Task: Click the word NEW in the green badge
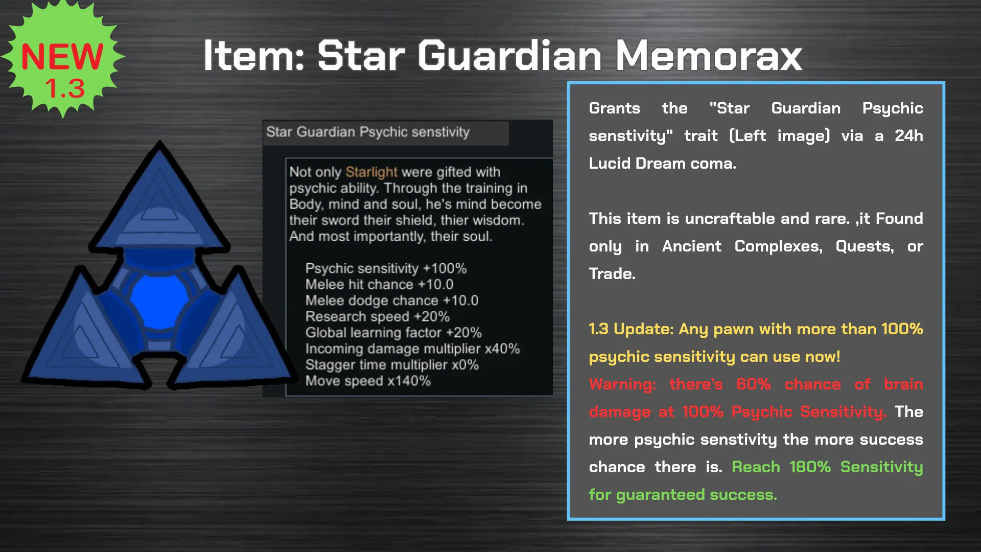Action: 62,57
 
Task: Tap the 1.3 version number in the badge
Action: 65,88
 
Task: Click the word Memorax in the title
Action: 709,55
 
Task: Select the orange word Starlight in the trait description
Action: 371,172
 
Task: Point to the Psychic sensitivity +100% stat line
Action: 386,268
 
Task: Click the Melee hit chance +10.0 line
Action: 379,284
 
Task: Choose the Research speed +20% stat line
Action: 378,316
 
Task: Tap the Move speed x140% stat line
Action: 368,381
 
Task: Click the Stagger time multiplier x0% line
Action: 392,365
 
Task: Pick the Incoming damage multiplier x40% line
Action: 412,349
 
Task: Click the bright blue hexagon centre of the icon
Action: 159,300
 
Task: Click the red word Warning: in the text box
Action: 622,384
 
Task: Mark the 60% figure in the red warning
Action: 754,384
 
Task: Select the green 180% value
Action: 810,467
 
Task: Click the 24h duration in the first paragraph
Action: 909,136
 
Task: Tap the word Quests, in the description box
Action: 865,246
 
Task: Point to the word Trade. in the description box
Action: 612,274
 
